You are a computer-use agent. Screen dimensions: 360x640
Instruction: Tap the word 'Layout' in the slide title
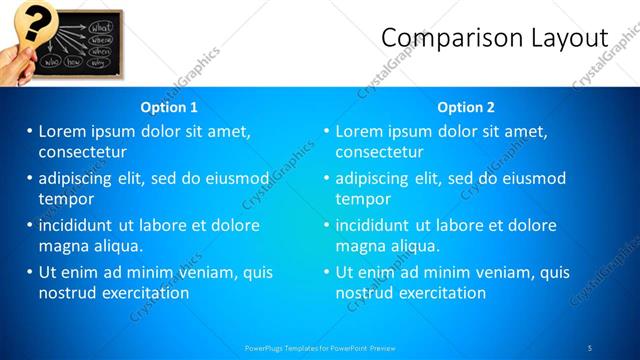(x=567, y=38)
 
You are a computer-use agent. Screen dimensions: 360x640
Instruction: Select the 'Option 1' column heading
(x=170, y=107)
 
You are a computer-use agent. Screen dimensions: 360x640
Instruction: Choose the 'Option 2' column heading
(x=466, y=107)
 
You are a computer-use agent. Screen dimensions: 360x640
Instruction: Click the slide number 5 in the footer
(x=590, y=347)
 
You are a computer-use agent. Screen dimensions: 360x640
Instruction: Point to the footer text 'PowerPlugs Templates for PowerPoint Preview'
(x=320, y=347)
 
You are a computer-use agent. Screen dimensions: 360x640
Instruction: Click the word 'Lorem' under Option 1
(x=63, y=131)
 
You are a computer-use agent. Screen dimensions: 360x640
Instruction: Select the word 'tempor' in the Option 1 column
(x=66, y=198)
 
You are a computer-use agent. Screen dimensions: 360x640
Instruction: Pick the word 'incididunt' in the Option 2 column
(x=372, y=225)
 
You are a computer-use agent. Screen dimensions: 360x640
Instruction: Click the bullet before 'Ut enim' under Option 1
(x=29, y=272)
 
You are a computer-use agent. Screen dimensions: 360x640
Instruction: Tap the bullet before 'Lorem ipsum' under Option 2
(x=326, y=131)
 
